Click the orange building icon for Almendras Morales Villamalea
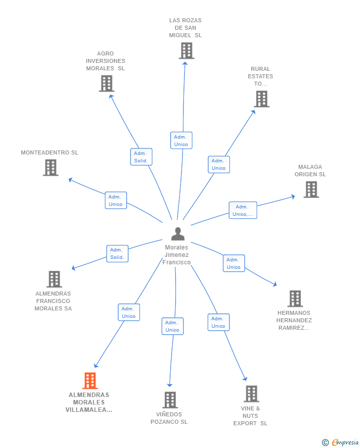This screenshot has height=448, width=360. pos(90,381)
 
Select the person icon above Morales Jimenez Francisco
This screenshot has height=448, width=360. pos(178,234)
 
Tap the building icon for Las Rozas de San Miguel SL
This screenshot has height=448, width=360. pos(186,50)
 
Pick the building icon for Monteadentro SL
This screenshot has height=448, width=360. pos(50,167)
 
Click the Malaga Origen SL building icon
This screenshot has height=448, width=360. pos(311,190)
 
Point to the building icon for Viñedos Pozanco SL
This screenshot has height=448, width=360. pos(170,400)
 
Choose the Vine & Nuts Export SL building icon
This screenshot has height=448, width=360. pos(252,394)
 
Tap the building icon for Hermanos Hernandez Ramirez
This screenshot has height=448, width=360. pos(295,299)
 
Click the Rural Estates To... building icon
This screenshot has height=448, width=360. pos(262,99)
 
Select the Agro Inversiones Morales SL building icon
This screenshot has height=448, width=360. pos(106,84)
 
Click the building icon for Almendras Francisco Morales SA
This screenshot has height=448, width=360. pos(54,279)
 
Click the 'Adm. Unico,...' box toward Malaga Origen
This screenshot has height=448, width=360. pos(243,210)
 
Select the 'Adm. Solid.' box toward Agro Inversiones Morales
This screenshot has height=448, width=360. pos(141,157)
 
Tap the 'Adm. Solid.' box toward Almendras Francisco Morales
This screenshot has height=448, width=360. pos(117,254)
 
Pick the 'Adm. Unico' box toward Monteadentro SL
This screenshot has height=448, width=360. pos(116,200)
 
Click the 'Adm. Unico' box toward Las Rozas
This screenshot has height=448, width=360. pos(181,140)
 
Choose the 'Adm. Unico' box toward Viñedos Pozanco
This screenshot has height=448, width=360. pos(173,326)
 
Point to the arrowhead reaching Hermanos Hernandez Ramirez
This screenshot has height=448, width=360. pos(275,284)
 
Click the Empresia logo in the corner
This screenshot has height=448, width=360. pos(340,442)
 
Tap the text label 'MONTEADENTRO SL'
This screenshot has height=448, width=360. pos(49,152)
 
